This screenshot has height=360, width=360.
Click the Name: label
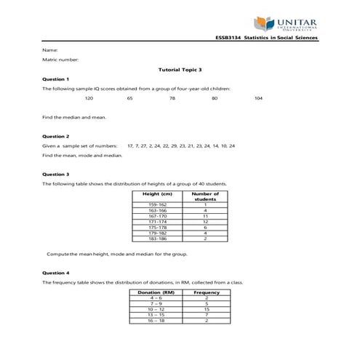click(x=50, y=49)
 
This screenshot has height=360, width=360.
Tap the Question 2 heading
click(x=56, y=136)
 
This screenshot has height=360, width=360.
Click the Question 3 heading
click(x=56, y=175)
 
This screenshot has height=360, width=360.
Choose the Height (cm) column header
click(x=157, y=195)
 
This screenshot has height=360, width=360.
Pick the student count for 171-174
click(x=206, y=221)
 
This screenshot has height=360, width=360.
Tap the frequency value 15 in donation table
click(x=207, y=309)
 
